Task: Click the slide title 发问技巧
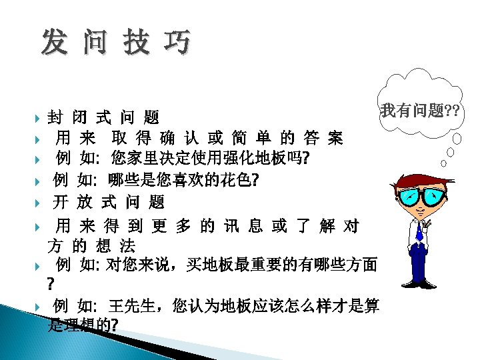coord(115,42)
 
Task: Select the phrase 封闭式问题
coord(103,118)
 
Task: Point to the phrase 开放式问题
coord(109,202)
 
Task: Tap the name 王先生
coord(133,307)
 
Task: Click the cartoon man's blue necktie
coord(419,230)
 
